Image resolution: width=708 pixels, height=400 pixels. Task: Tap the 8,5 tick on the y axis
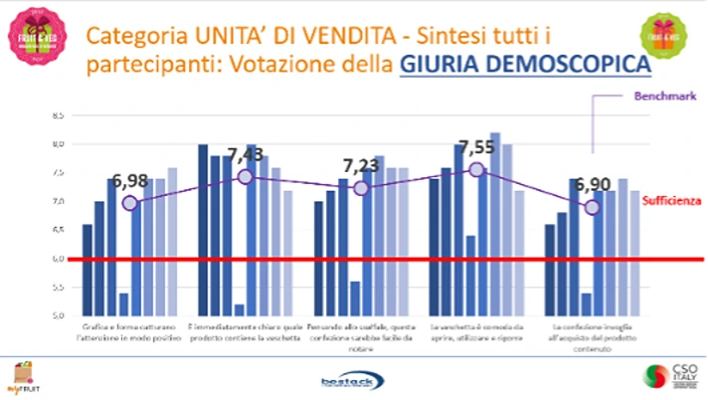(60, 115)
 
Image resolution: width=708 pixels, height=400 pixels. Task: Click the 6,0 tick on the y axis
(60, 259)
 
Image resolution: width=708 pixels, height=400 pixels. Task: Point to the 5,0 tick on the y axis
(60, 315)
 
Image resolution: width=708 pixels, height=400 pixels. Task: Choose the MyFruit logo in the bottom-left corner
(20, 376)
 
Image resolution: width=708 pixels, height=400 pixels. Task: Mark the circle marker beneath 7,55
(477, 169)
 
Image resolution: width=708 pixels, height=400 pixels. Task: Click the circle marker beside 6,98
(129, 203)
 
